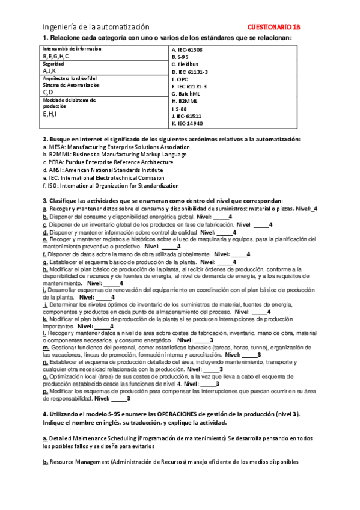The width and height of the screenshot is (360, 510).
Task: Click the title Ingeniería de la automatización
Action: (96, 27)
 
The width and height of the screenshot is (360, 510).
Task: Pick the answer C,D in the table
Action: (48, 92)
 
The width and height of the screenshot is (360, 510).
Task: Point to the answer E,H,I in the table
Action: (49, 113)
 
